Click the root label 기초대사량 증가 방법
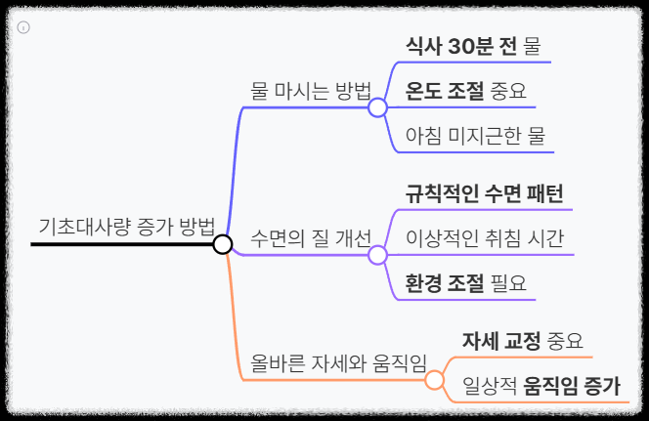(126, 227)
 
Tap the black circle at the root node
(222, 244)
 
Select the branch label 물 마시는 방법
(311, 92)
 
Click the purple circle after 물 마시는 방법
(377, 108)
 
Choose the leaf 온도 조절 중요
(465, 92)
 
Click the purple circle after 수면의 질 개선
(377, 256)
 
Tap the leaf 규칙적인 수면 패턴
(485, 192)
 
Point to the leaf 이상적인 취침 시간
(485, 238)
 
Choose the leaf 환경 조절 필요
(465, 283)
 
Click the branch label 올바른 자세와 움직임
(338, 363)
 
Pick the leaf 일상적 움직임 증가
(541, 386)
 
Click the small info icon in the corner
(23, 26)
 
